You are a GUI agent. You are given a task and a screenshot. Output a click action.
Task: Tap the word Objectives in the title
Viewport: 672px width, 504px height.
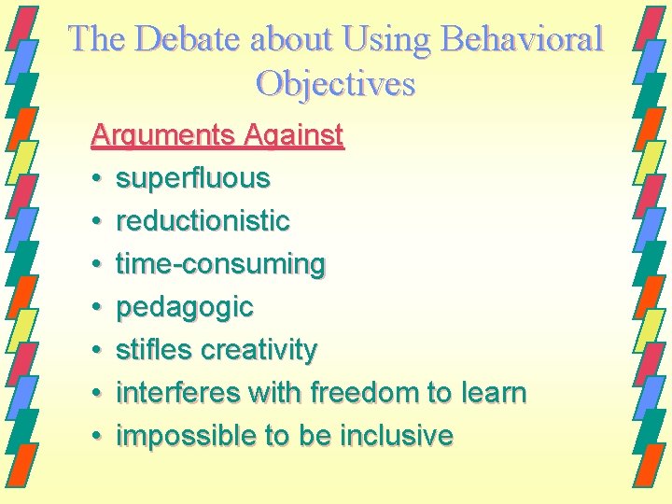coord(335,84)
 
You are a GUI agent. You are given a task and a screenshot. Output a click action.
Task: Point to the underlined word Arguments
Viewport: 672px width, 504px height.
coord(162,136)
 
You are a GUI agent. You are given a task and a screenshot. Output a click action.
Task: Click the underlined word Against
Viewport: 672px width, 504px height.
coord(293,136)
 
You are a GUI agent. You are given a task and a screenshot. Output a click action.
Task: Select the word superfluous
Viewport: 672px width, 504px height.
coord(192,177)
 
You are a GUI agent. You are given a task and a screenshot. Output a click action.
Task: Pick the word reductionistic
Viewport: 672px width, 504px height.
coord(203,220)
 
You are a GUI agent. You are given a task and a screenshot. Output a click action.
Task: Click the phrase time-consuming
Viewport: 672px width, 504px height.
coord(220,264)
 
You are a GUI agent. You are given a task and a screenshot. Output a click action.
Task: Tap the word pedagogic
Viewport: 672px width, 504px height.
coord(184,307)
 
